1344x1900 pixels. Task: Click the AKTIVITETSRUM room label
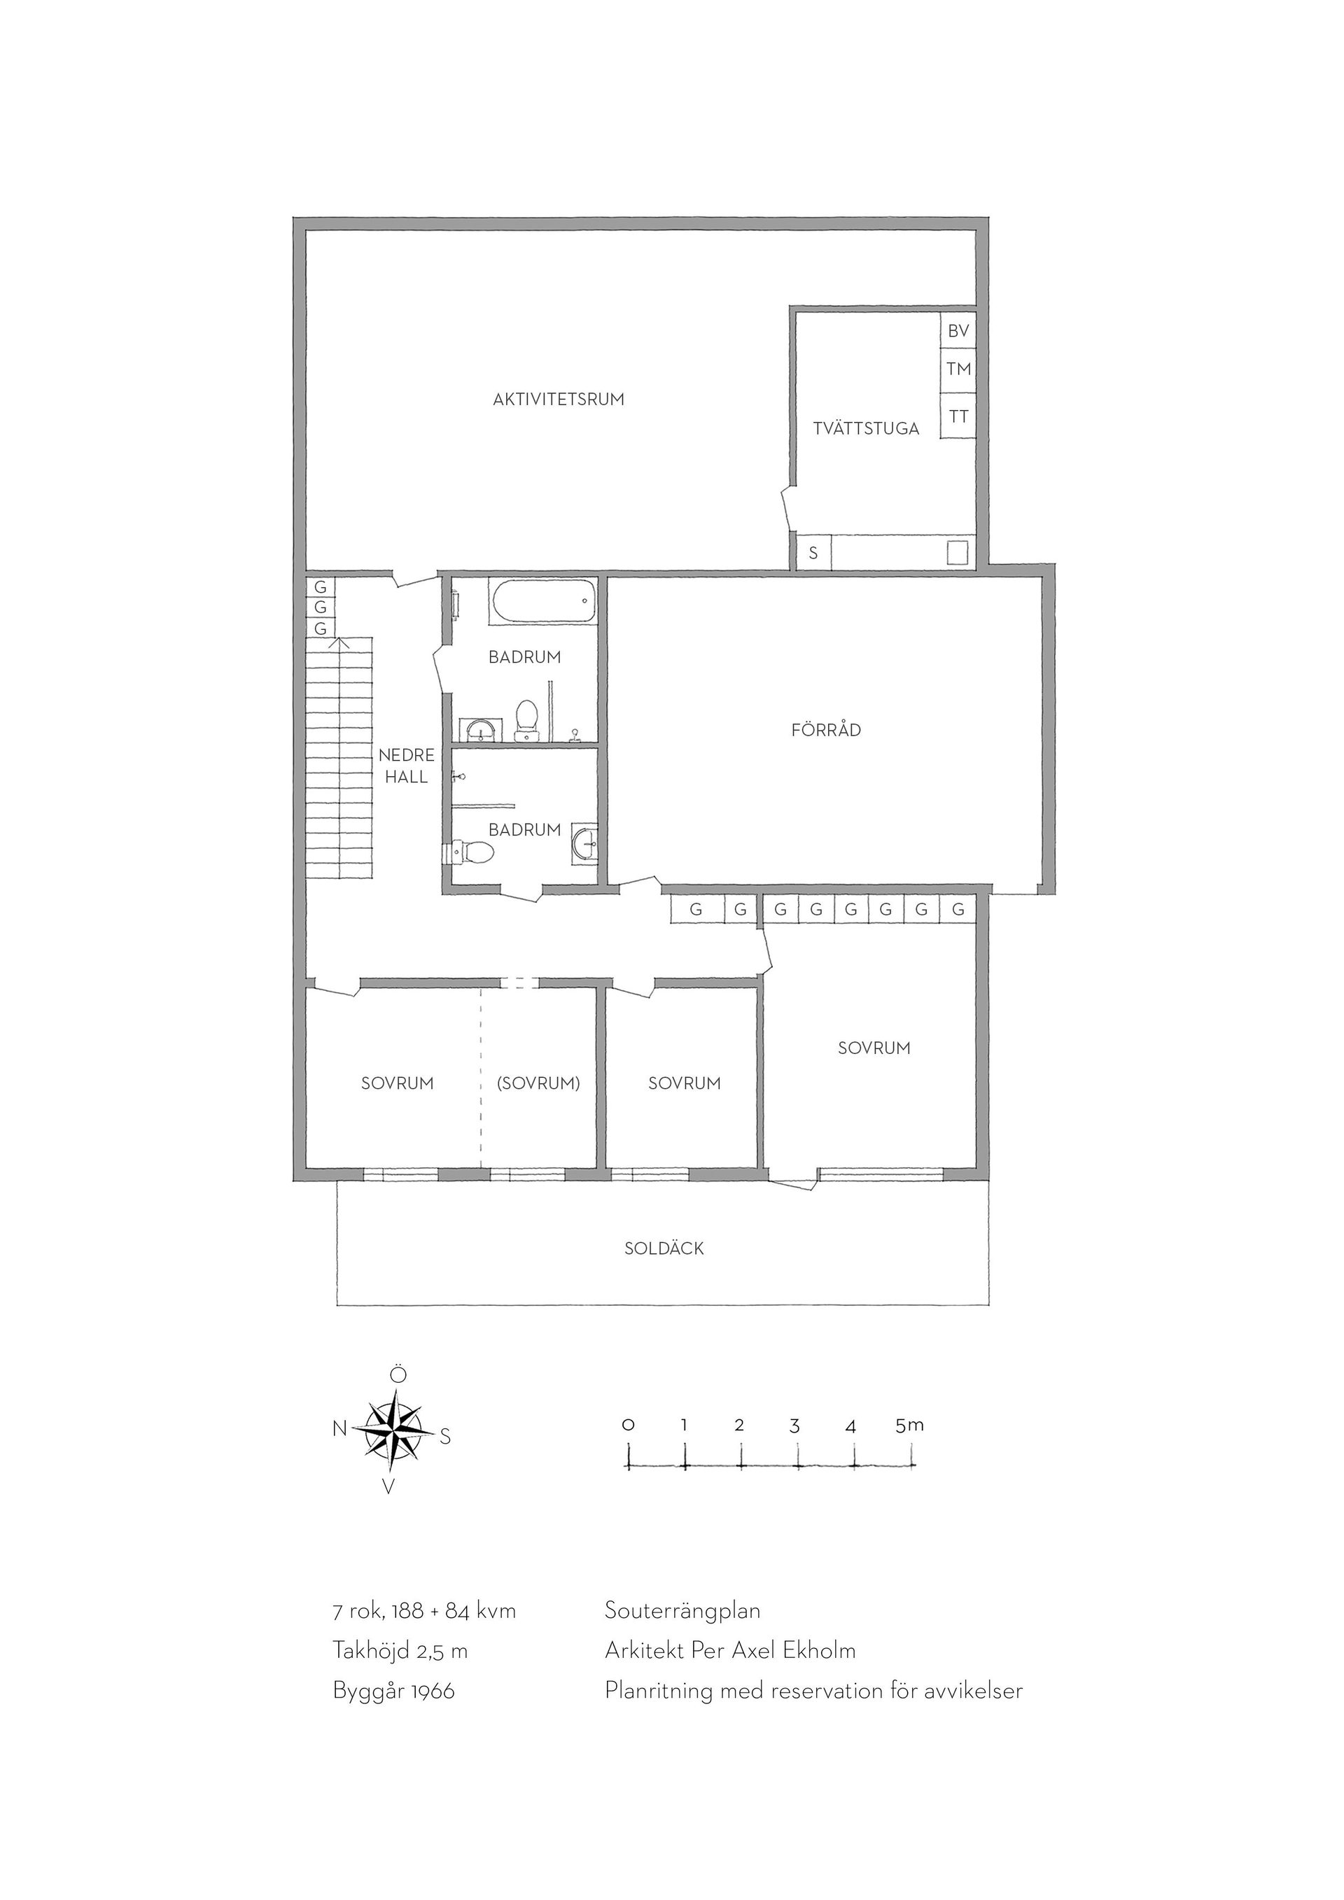point(559,400)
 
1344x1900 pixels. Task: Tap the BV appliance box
point(958,331)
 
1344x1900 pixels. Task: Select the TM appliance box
point(958,369)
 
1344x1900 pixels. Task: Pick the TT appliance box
point(958,416)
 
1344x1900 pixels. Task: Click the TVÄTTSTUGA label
point(866,429)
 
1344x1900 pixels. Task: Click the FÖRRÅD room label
point(826,730)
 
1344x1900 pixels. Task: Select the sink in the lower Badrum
point(584,845)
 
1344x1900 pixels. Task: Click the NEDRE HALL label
point(406,766)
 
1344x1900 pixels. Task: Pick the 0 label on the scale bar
point(629,1425)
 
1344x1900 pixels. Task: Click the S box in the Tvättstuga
point(813,553)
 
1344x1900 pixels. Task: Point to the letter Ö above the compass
point(398,1374)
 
